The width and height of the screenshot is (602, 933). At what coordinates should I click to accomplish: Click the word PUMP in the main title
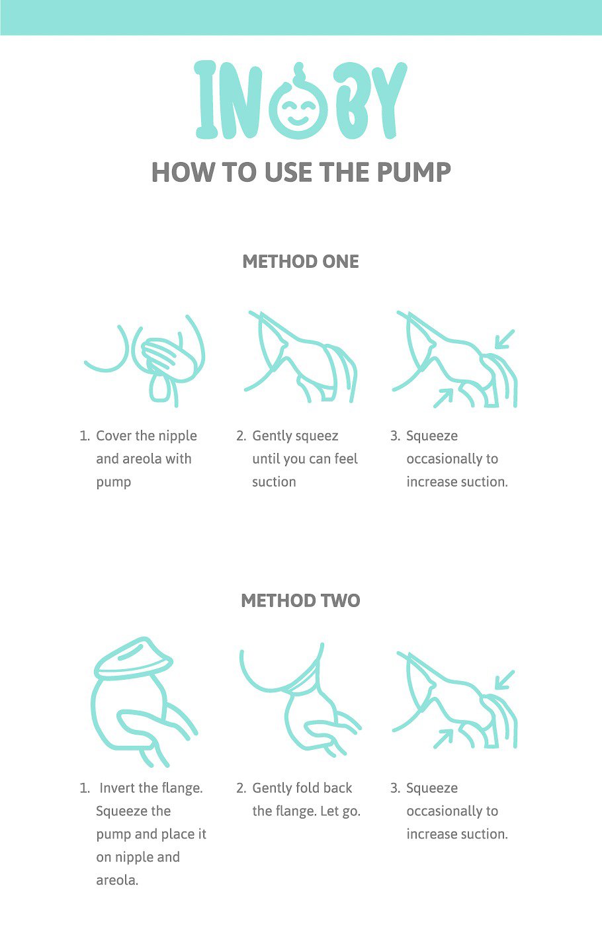coord(413,172)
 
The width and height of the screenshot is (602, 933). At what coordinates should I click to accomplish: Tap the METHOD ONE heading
coord(300,262)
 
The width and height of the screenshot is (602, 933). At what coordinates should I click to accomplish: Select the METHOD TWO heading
coord(300,600)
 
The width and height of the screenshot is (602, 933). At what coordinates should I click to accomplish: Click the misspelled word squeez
coord(316,436)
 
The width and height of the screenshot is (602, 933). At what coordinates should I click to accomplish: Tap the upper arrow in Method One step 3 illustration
coord(505,339)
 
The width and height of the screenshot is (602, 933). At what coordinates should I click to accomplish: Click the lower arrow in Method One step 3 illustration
coord(443,398)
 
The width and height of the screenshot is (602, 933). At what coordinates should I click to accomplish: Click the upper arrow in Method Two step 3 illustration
coord(505,680)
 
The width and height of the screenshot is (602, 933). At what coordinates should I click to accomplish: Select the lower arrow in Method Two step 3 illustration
coord(443,739)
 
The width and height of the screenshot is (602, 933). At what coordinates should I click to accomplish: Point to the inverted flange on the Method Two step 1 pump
coord(134,659)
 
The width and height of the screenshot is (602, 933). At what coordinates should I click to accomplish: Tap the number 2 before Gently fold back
coord(240,788)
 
